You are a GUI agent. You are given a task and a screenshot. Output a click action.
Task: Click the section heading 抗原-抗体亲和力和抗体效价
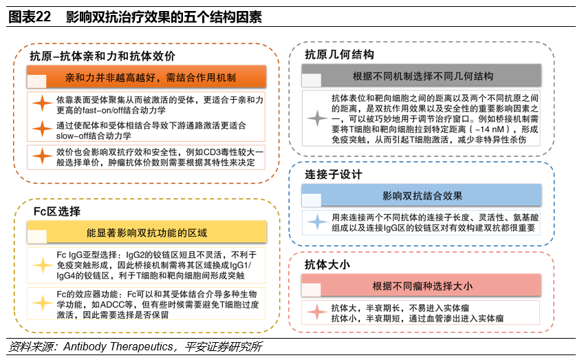[x=102, y=56]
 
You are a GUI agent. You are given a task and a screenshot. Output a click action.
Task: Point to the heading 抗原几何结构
[x=340, y=54]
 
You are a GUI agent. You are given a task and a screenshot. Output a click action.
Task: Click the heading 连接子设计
[x=334, y=175]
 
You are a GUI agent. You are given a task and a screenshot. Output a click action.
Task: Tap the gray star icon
[x=317, y=118]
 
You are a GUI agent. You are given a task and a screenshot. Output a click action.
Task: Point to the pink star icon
[x=317, y=313]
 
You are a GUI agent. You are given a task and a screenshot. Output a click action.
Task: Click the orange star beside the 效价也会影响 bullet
[x=43, y=156]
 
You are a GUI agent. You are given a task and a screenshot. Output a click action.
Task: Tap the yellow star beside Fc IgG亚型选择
[x=43, y=265]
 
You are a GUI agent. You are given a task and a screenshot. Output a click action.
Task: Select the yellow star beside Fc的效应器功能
[x=43, y=304]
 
